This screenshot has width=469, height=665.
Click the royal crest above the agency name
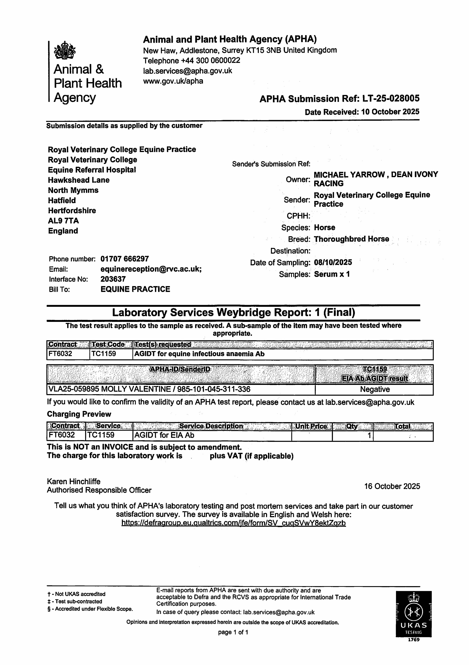pos(65,50)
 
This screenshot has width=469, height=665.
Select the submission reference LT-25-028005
pos(390,99)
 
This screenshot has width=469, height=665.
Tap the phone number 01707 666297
pos(124,259)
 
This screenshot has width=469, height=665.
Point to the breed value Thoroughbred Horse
pos(351,239)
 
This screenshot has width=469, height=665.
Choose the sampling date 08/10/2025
pos(333,262)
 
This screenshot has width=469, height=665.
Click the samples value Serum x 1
pos(332,274)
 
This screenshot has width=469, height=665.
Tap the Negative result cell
pos(375,389)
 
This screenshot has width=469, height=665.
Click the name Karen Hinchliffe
pos(74,482)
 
